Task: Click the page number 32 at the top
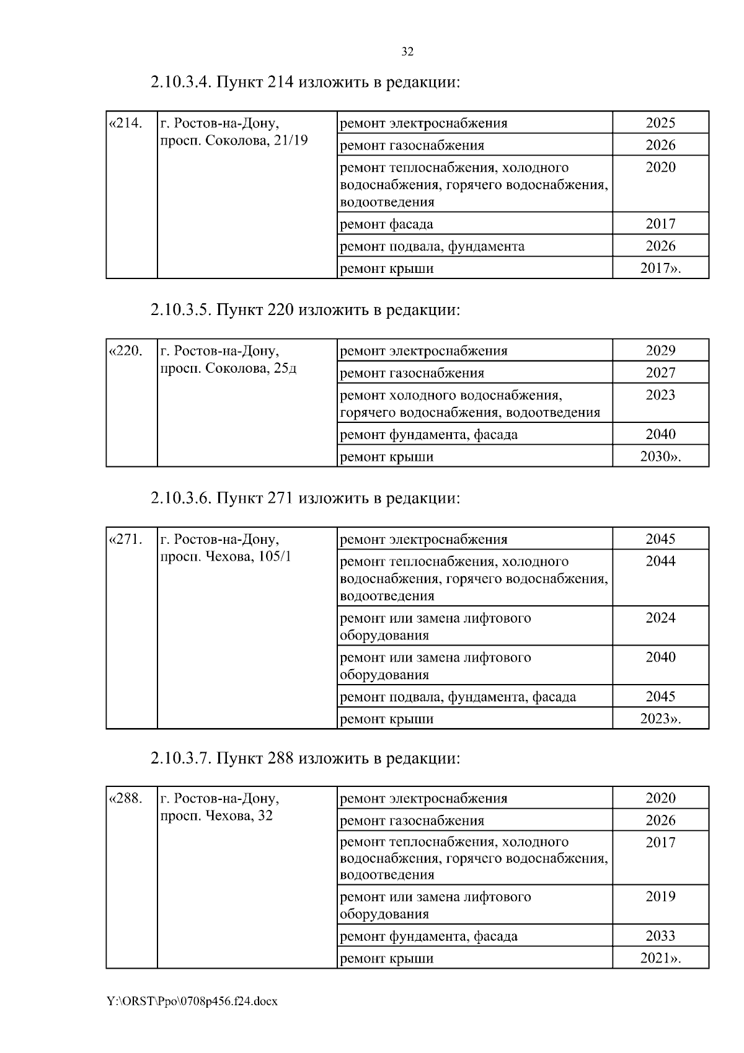pos(407,52)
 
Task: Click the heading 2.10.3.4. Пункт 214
pos(305,82)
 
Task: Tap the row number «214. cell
pos(126,123)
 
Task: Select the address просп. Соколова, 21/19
pos(234,140)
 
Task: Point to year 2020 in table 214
pos(660,167)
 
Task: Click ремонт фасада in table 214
pos(387,224)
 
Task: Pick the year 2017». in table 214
pos(660,269)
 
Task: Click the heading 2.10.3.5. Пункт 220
pos(305,309)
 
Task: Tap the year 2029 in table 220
pos(660,350)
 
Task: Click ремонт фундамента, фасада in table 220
pos(428,434)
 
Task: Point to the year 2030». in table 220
pos(660,457)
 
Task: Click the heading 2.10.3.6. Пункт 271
pos(305,498)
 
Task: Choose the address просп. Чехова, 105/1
pos(226,556)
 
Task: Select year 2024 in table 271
pos(660,618)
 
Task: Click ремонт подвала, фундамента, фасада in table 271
pos(458,697)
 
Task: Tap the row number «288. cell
pos(126,798)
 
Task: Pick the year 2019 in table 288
pos(660,897)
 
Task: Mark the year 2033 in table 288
pos(660,936)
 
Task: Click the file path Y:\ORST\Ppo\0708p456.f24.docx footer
pos(192,1002)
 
